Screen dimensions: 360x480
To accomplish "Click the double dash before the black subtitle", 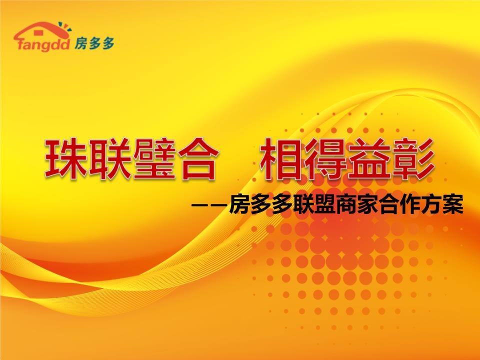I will (210, 204).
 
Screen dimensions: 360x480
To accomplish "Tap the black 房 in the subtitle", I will (239, 204).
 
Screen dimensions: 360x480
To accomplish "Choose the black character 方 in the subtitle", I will (430, 204).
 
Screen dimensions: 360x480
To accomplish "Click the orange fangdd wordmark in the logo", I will (44, 46).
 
